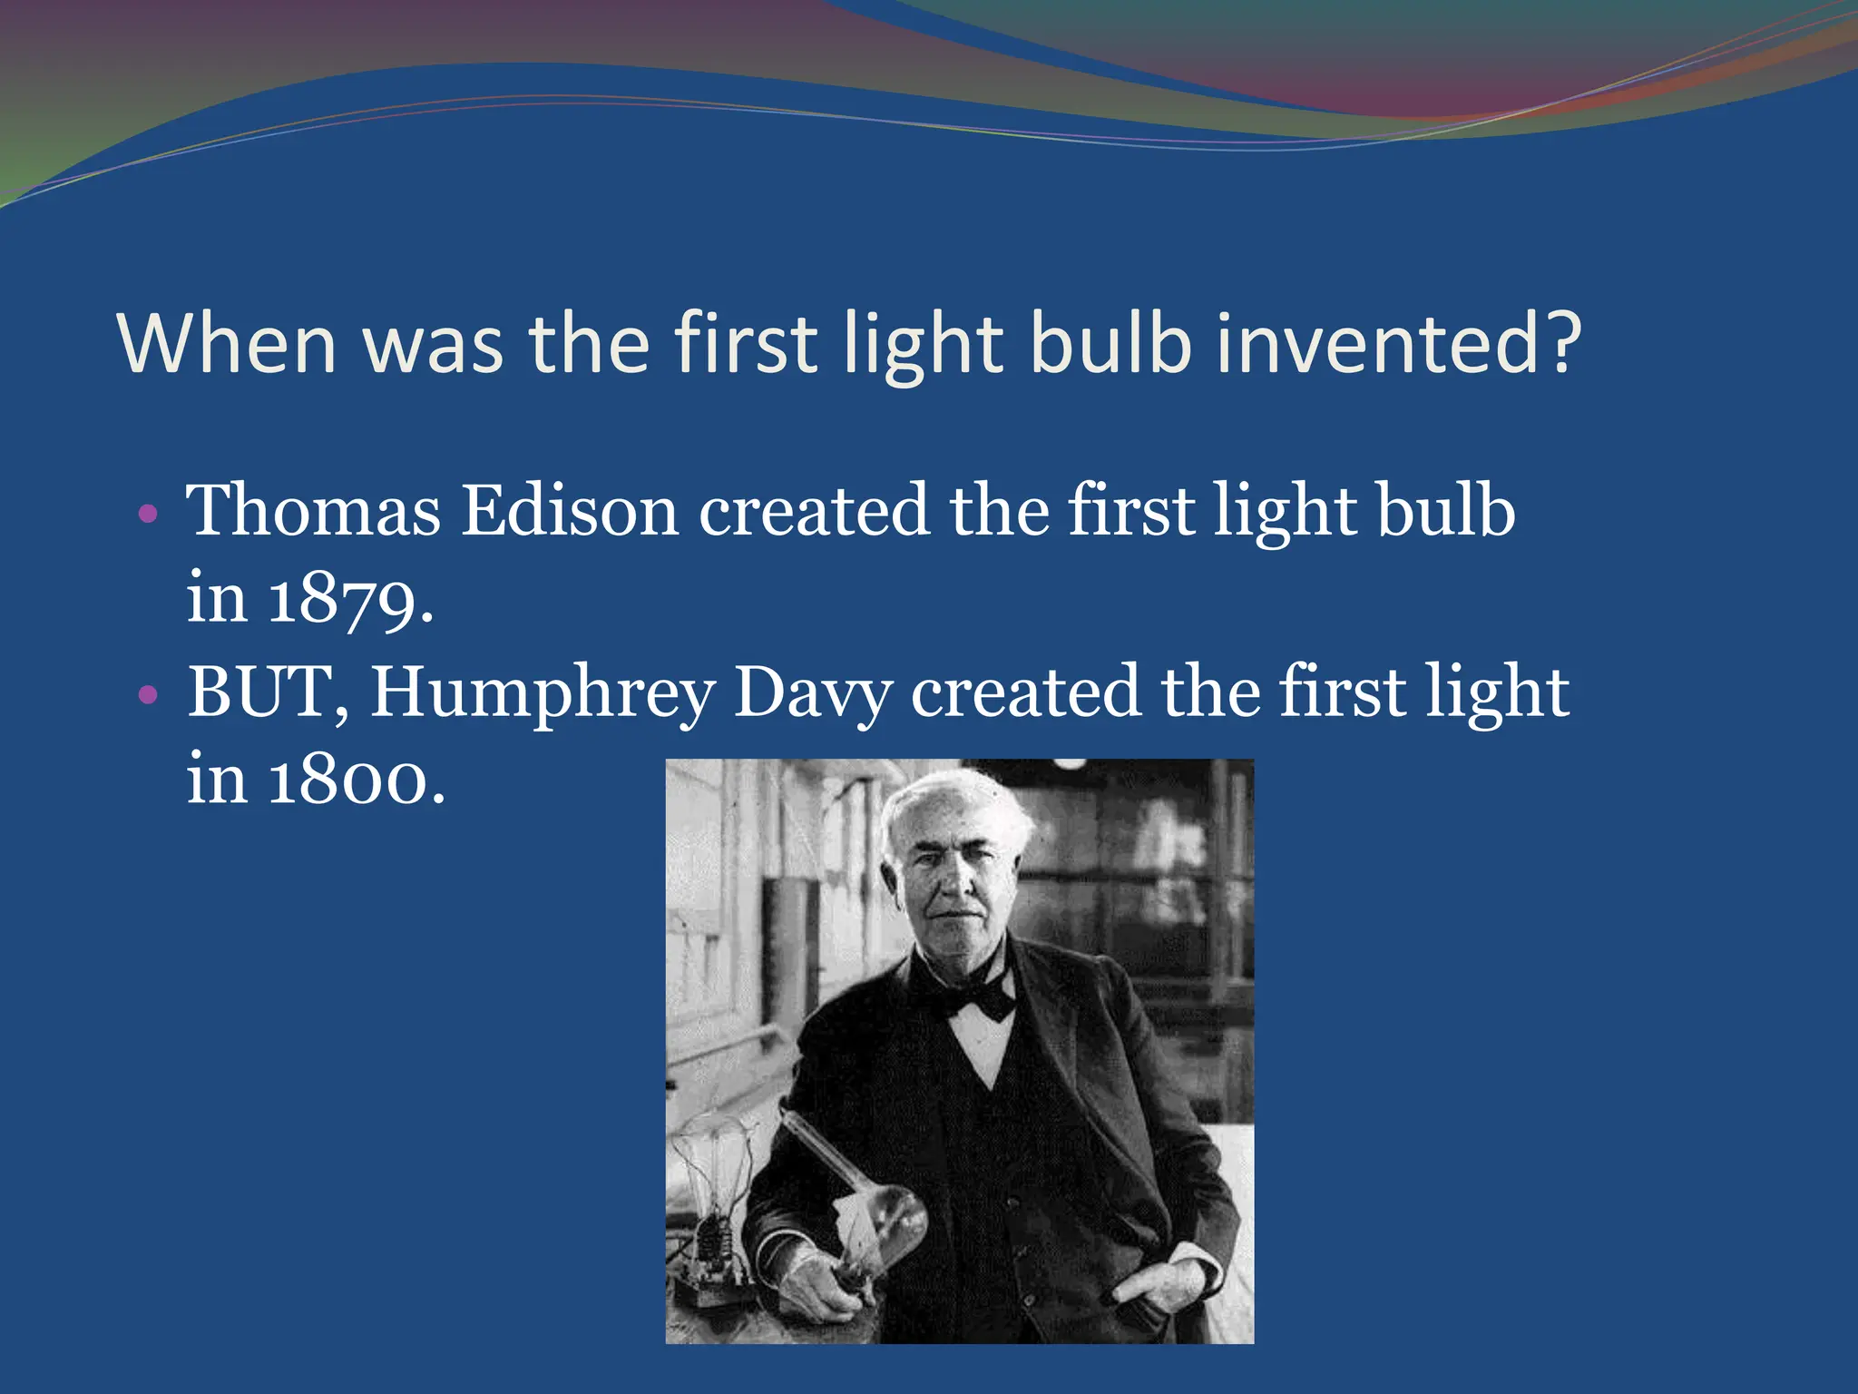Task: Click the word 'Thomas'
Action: (313, 510)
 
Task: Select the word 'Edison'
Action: (570, 510)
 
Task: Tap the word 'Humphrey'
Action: (543, 693)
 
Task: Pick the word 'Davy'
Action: (812, 693)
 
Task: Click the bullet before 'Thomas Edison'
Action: (148, 515)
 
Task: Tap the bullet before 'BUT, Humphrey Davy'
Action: (148, 696)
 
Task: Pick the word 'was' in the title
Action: (433, 345)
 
